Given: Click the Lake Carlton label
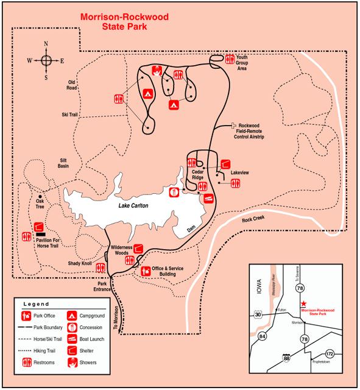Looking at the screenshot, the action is (133, 205).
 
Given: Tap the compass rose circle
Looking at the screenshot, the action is (46, 60).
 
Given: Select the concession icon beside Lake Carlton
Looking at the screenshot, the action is (174, 193).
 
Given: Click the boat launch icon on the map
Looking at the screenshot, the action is (208, 199).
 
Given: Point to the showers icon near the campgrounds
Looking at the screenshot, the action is (157, 71).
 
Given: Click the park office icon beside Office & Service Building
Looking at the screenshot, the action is (146, 271).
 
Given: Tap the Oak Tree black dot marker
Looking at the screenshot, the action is (40, 196).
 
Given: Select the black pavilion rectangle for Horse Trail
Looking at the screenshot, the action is (41, 234).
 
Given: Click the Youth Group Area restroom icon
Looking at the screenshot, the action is (230, 60).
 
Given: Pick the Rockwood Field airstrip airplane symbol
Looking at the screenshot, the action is (233, 125).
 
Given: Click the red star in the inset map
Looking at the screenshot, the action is (303, 303).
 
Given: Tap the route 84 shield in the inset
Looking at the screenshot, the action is (263, 336).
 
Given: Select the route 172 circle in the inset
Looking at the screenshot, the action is (330, 353).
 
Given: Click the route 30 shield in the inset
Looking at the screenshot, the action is (258, 314).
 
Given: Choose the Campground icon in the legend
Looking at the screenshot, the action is (72, 316).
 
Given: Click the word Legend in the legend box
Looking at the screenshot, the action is (36, 304).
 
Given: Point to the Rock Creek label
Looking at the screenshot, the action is (253, 219).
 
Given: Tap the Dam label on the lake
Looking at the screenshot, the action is (191, 229).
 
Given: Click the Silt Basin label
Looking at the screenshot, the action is (63, 163).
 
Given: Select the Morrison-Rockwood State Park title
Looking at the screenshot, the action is (124, 22).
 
